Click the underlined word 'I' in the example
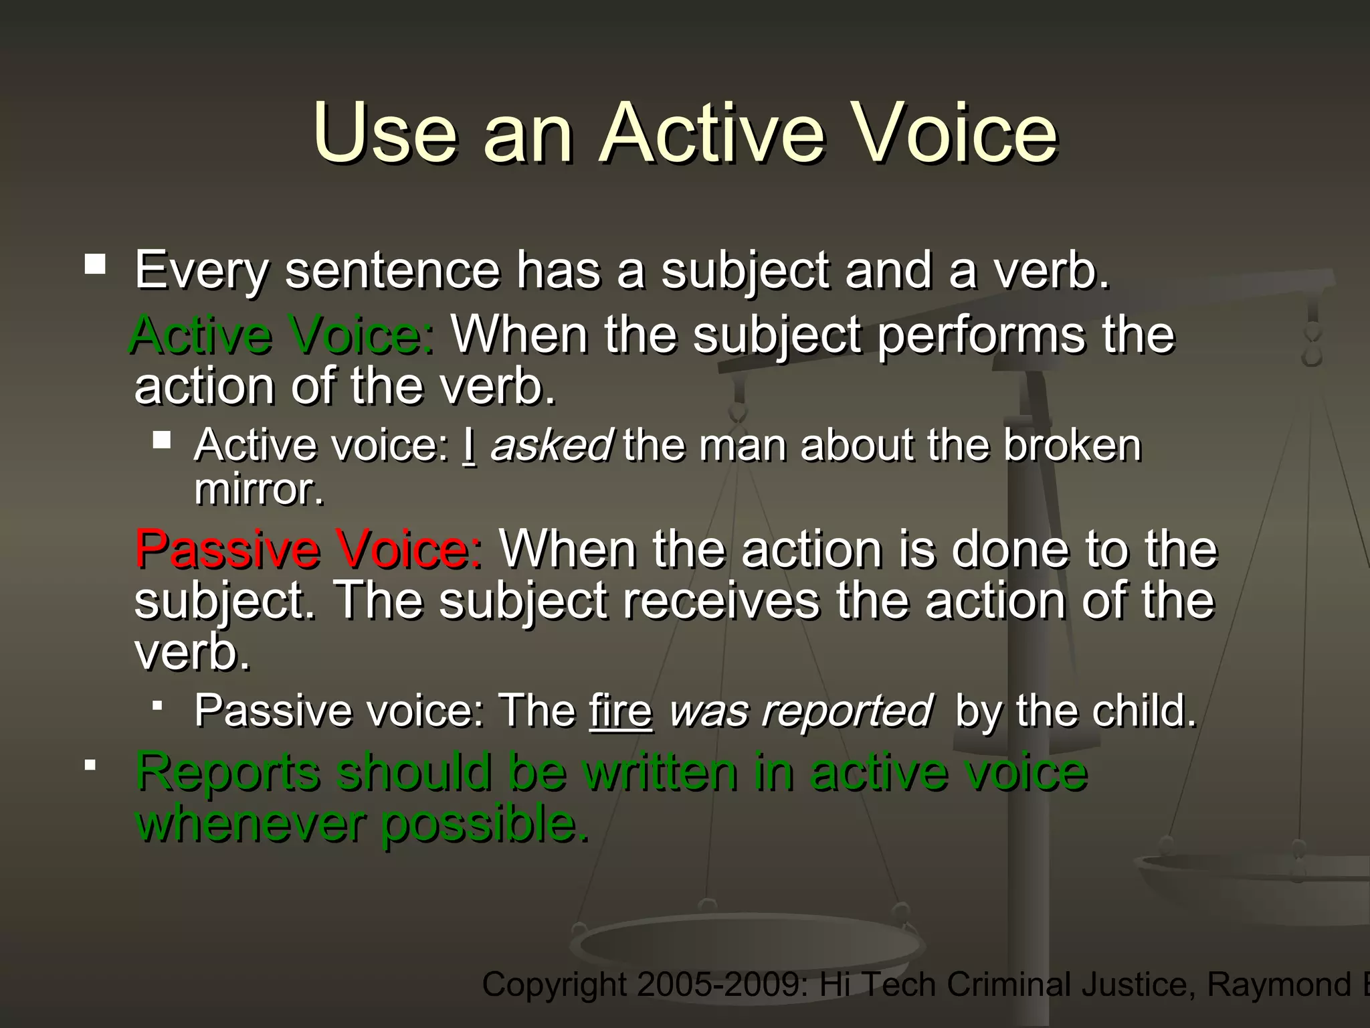pos(469,446)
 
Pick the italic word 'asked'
pos(551,446)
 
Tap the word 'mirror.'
pos(259,490)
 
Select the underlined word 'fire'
pos(620,711)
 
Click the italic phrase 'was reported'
pos(800,711)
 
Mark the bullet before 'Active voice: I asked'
pos(162,440)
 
